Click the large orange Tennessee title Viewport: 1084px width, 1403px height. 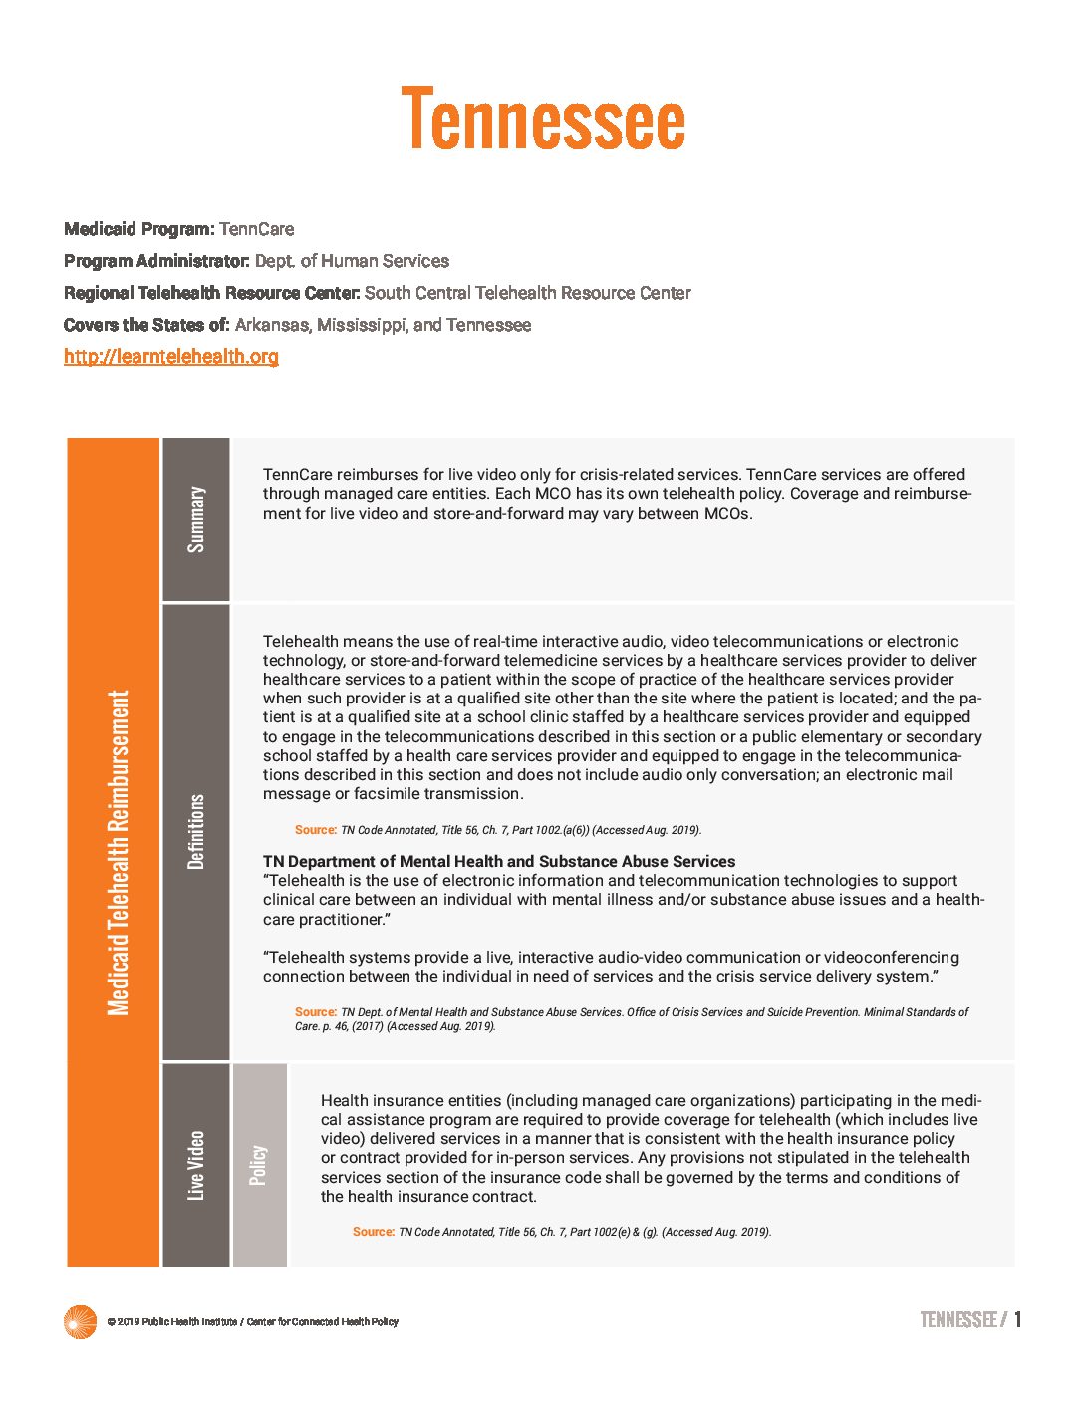point(543,119)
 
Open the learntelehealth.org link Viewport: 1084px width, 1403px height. point(171,356)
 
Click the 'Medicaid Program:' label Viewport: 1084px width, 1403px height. point(138,229)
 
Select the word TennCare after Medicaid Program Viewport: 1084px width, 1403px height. point(256,229)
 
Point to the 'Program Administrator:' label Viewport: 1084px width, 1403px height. point(156,261)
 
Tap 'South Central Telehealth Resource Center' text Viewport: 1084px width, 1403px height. point(527,293)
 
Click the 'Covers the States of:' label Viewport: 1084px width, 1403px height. point(146,325)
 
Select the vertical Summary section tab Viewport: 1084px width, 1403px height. point(196,519)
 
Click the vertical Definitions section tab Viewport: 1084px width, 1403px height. point(196,832)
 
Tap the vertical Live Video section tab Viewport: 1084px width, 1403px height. point(196,1165)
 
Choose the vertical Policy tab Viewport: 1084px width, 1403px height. point(259,1165)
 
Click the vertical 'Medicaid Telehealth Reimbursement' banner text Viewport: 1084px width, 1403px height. point(119,852)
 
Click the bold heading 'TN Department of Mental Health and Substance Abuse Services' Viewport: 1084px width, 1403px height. point(499,861)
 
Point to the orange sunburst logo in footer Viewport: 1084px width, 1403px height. point(80,1322)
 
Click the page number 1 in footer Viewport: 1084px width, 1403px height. point(1017,1320)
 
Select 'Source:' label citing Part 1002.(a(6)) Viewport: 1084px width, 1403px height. point(315,829)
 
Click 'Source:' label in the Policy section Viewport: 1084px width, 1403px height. point(373,1232)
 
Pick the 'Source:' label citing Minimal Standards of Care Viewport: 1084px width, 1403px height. point(315,1011)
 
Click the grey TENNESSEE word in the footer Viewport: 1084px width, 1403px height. point(957,1320)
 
